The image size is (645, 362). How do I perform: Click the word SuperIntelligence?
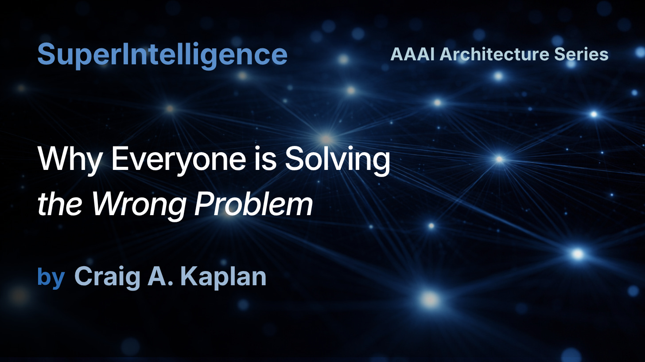(162, 55)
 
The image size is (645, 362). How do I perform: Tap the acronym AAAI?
(412, 54)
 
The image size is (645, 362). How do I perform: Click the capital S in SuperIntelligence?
(46, 55)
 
